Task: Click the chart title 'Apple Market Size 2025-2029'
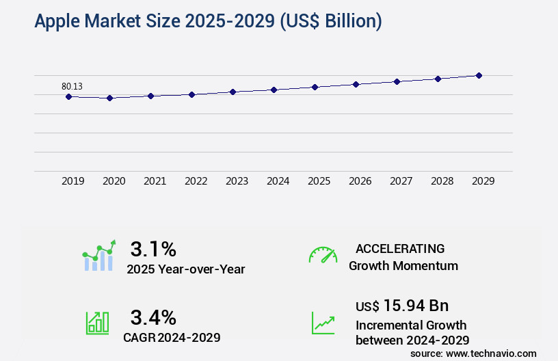coord(208,21)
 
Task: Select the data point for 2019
coord(68,96)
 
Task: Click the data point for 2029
coord(479,75)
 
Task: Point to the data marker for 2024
coord(274,90)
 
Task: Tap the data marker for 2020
coord(109,98)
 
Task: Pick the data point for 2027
coord(397,81)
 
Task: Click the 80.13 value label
coord(72,86)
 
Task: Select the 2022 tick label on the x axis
coord(196,181)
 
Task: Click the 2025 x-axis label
coord(319,181)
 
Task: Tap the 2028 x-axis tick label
coord(442,181)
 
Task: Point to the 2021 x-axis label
coord(155,181)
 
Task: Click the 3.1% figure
coord(153,248)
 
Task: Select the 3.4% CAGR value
coord(153,317)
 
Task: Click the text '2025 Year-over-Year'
coord(185,269)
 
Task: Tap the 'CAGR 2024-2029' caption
coord(172,338)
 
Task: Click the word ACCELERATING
coord(400,248)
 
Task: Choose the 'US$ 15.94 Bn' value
coord(402,306)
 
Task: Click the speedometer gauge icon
coord(323,255)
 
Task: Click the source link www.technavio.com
coord(492,353)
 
